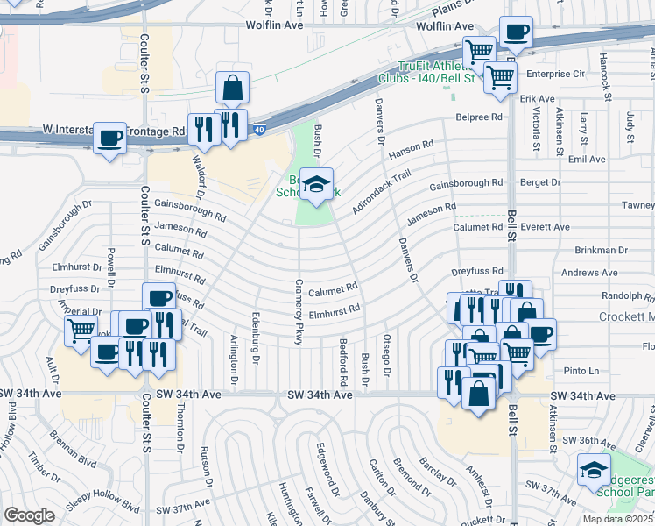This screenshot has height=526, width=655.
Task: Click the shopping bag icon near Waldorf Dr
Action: (232, 89)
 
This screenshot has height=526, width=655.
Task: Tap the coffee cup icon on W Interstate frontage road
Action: (109, 139)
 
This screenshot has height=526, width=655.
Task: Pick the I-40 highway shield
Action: (260, 130)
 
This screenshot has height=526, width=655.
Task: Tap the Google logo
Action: (30, 515)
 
